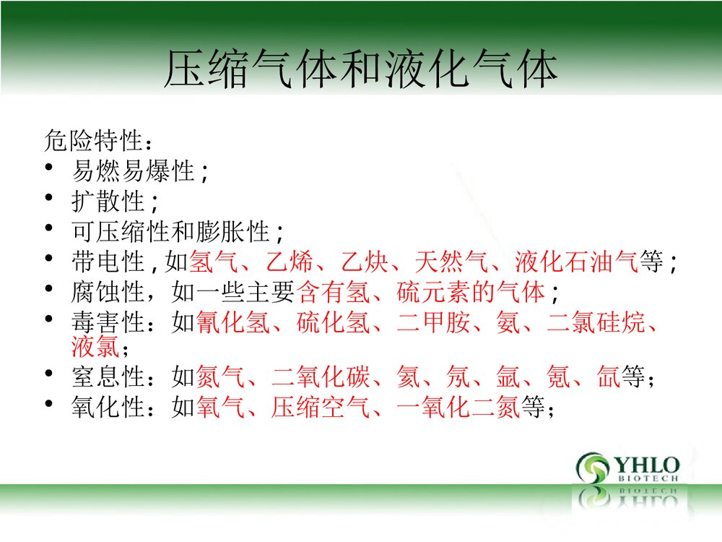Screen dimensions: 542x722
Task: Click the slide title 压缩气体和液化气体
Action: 360,70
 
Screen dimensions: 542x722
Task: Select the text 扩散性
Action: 108,201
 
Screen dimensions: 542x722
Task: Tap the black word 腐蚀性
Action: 108,293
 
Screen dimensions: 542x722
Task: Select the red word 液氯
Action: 95,348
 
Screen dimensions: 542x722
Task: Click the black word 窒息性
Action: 108,377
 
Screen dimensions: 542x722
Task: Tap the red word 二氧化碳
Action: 321,377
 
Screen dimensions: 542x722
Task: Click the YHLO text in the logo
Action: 645,464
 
